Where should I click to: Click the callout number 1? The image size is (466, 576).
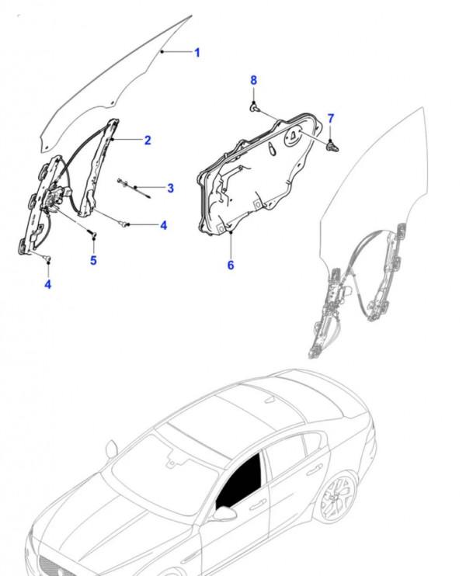197,53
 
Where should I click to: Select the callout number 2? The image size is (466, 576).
148,140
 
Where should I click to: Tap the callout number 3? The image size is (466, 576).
170,188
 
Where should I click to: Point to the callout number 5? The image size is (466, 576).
93,261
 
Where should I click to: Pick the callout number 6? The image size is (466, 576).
231,265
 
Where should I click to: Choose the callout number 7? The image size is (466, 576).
331,119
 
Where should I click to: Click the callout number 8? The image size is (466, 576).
253,80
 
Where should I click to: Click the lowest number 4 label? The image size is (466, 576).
48,284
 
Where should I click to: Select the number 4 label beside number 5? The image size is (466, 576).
164,226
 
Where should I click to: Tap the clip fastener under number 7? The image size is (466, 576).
332,147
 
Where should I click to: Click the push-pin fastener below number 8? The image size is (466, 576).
254,107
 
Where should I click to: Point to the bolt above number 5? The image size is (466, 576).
92,232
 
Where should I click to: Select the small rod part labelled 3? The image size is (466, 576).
134,188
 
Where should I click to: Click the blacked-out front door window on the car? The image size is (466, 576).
239,481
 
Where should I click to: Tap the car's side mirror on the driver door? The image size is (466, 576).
224,513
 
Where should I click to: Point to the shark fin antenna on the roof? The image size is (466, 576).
270,400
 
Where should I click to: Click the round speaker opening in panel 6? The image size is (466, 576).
294,137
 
